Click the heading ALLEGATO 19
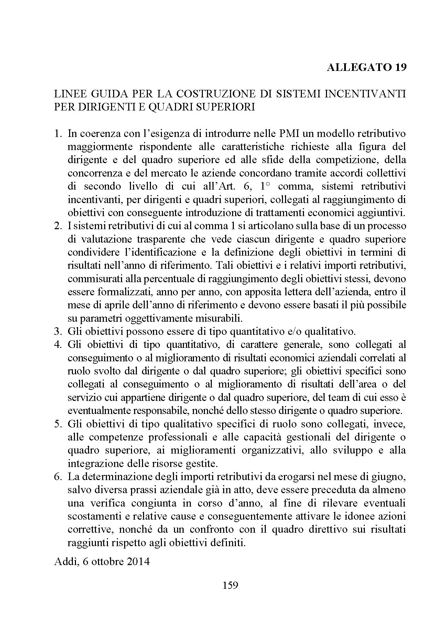366,67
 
